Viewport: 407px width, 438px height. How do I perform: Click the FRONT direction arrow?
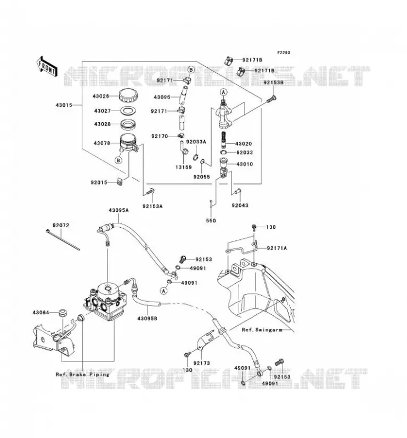click(x=47, y=66)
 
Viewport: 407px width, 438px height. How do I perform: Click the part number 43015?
click(x=64, y=105)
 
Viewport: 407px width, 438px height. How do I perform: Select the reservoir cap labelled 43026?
click(x=128, y=96)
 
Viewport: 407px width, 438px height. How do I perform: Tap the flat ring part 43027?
click(x=128, y=111)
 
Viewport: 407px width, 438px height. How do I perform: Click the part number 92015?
click(x=99, y=182)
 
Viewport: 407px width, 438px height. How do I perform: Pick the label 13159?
click(x=184, y=167)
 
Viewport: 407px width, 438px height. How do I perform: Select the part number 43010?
click(x=245, y=164)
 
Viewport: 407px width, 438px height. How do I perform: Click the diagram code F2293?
click(x=284, y=53)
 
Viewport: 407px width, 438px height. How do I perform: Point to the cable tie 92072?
click(x=63, y=240)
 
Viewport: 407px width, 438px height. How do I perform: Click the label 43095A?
click(x=118, y=210)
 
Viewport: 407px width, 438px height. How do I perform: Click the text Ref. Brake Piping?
click(x=83, y=374)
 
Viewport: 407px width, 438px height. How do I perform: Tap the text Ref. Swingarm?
click(x=262, y=330)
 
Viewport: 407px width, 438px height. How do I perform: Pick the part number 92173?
click(x=201, y=363)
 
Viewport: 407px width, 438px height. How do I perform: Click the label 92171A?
click(x=277, y=248)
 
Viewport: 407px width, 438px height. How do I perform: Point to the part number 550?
click(x=211, y=221)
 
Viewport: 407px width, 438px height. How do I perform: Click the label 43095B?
click(x=147, y=318)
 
